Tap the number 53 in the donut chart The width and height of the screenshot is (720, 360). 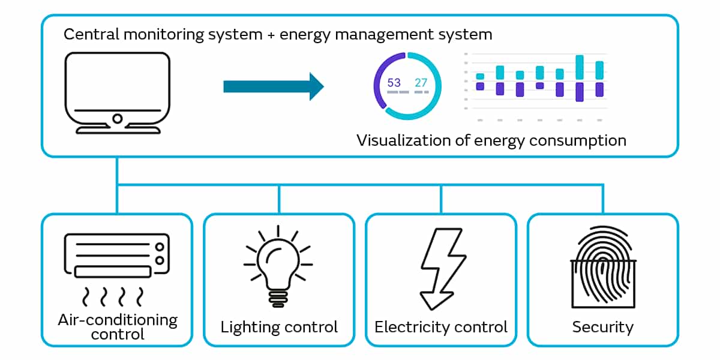[x=394, y=83]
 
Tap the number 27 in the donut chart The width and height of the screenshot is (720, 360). [x=421, y=83]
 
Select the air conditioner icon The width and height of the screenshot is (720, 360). [x=116, y=256]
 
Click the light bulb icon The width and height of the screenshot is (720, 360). [x=278, y=264]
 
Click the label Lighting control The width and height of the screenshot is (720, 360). [x=279, y=327]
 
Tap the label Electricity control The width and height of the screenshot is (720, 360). [x=441, y=327]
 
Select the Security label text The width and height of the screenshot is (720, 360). [x=602, y=327]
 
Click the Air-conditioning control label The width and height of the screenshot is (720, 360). [x=118, y=326]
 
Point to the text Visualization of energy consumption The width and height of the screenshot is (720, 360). [x=491, y=140]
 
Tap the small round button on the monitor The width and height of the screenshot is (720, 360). [x=118, y=119]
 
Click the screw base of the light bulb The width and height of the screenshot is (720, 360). [x=278, y=299]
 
